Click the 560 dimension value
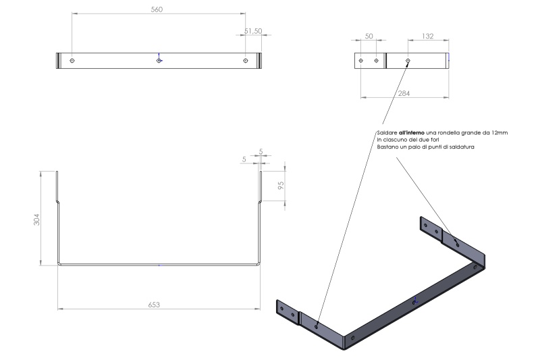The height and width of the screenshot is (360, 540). click(x=158, y=10)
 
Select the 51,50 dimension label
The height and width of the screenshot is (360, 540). click(x=253, y=31)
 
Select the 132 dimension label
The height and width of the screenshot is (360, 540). click(x=427, y=35)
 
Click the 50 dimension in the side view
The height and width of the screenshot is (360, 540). click(x=369, y=35)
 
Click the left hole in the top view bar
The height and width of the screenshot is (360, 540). click(x=72, y=61)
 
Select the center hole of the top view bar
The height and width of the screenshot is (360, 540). click(x=159, y=61)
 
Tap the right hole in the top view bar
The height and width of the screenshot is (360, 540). click(x=245, y=61)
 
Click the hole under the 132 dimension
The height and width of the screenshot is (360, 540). click(x=408, y=61)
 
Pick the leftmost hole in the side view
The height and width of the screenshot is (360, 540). click(x=361, y=61)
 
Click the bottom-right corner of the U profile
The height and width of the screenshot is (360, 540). click(x=259, y=263)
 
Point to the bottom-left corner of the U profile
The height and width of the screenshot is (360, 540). click(x=58, y=263)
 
